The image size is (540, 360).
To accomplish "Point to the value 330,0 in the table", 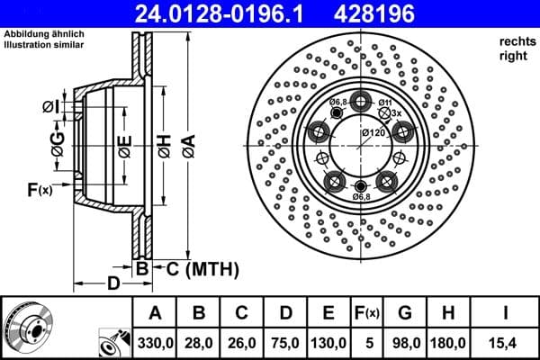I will coord(155,343).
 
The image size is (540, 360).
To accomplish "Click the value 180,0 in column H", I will coord(449,343).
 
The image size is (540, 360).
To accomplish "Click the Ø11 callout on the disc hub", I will coord(384,103).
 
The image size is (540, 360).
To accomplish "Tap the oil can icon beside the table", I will coord(112,342).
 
